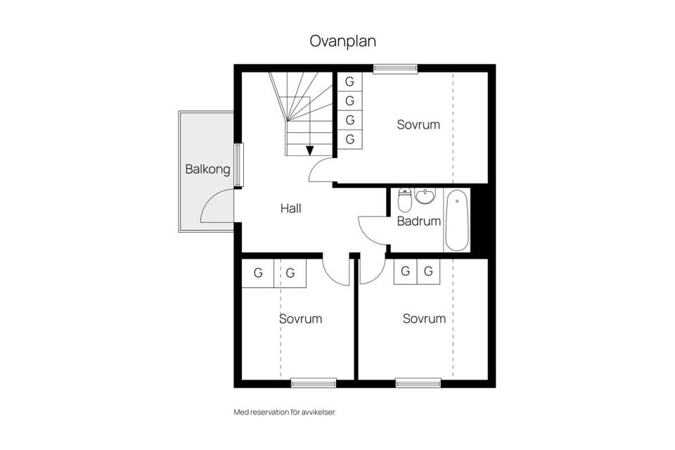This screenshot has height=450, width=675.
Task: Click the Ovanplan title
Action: (342, 41)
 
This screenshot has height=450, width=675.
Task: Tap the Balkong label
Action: (207, 169)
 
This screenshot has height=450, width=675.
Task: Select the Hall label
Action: (290, 208)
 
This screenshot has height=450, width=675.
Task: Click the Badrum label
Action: (419, 221)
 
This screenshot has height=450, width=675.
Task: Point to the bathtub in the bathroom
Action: (457, 220)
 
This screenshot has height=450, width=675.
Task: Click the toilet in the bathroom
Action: (404, 200)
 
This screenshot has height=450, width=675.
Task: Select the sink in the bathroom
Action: (425, 196)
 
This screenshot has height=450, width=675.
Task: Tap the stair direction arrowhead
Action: (310, 150)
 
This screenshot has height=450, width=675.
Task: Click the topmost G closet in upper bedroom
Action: (349, 82)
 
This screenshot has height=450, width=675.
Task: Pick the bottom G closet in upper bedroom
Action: (349, 139)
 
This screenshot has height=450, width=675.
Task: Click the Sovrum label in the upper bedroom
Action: (418, 125)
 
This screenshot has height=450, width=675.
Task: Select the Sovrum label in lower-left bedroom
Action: (300, 319)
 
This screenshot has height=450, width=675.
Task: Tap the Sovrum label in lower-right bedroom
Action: (424, 319)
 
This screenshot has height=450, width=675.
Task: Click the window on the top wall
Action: (395, 69)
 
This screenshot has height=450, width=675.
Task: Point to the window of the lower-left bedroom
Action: (314, 382)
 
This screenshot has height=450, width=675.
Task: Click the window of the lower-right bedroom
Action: (418, 382)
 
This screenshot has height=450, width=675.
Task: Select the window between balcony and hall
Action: (238, 165)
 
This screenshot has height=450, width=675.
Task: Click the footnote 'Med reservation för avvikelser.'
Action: (285, 412)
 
